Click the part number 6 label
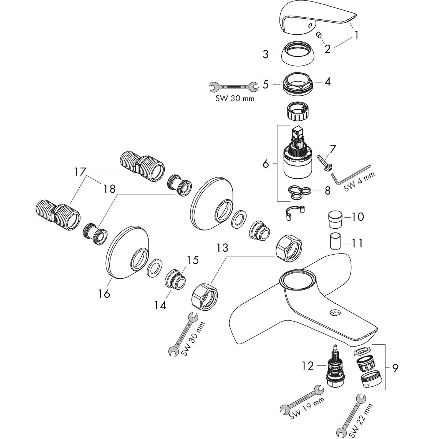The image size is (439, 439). pyautogui.click(x=266, y=164)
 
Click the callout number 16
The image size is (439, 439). pyautogui.click(x=104, y=293)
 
